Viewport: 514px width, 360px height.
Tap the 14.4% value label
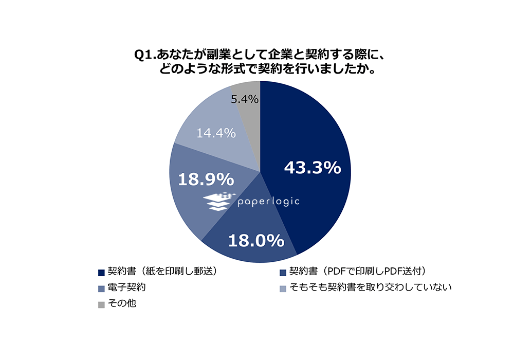point(216,133)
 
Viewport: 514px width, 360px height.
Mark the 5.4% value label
point(244,99)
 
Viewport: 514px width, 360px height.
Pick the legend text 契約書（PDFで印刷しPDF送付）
point(358,271)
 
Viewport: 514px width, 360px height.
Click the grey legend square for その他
point(101,304)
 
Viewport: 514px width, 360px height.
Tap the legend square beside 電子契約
point(101,287)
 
